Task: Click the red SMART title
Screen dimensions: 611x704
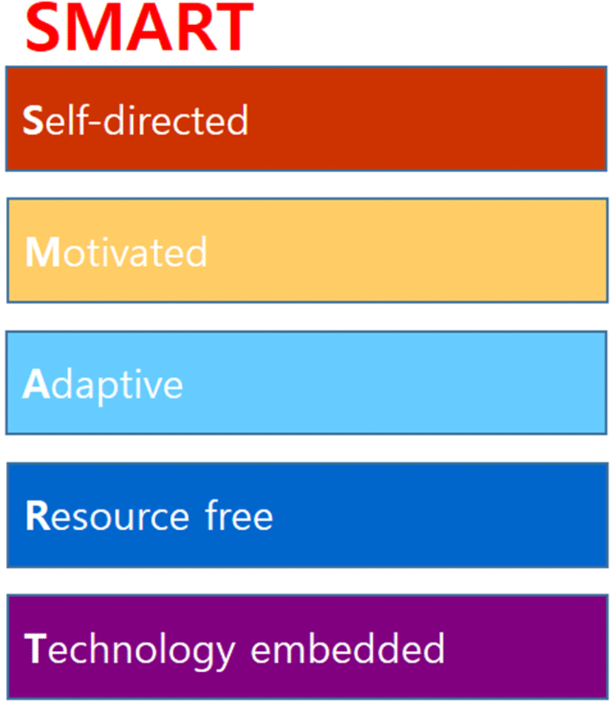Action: [x=140, y=27]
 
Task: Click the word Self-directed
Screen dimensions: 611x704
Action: [x=135, y=120]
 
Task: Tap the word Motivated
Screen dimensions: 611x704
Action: [x=116, y=252]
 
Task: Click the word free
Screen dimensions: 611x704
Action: [x=239, y=514]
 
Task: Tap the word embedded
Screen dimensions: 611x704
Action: [x=347, y=648]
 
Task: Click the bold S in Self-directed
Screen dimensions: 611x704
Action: [x=33, y=120]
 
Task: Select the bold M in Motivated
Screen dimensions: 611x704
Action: [x=43, y=252]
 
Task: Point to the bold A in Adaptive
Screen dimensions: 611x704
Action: [x=36, y=384]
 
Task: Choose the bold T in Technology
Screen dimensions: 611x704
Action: [x=35, y=648]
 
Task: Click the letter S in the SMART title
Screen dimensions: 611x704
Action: [x=44, y=27]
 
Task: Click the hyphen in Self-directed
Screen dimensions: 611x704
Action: [x=96, y=122]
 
